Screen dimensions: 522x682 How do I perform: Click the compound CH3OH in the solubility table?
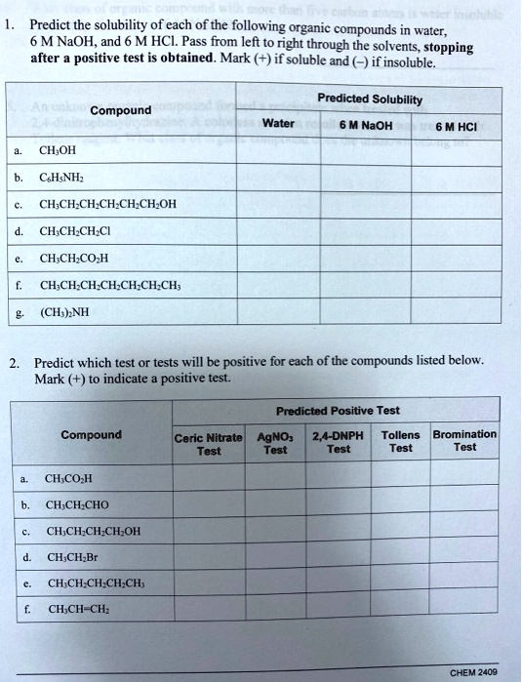(57, 152)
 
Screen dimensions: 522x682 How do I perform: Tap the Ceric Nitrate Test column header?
(209, 442)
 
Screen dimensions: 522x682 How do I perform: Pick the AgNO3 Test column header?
(276, 442)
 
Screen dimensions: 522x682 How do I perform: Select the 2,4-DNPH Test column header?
(339, 442)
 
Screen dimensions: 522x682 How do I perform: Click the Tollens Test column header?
(401, 442)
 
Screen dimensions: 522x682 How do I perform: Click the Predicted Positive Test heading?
(337, 411)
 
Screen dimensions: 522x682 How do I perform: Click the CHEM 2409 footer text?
(473, 671)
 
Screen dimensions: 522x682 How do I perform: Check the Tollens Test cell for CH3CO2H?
(401, 479)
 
